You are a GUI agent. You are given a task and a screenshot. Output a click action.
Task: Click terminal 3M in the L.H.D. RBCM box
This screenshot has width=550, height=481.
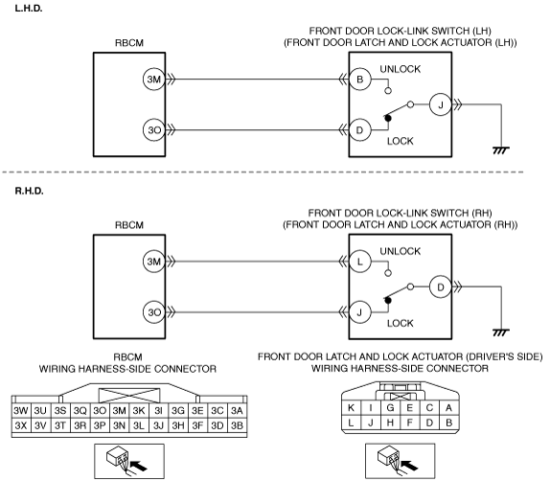pos(154,80)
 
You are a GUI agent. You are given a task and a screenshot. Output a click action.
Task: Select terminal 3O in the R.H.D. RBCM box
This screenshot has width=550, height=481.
pos(154,312)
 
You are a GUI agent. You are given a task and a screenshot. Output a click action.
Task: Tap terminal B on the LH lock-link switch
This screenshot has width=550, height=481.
pos(360,80)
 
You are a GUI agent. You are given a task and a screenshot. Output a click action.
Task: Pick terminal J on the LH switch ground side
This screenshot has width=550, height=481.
pos(440,104)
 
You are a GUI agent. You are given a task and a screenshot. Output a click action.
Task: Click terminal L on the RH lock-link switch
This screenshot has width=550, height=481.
pos(360,262)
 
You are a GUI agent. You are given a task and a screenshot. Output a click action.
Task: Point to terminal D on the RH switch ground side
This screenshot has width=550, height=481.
pos(440,287)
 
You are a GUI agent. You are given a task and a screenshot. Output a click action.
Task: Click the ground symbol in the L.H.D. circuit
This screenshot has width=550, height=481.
pos(501,150)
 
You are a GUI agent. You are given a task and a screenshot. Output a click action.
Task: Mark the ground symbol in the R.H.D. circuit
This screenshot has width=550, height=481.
pos(501,332)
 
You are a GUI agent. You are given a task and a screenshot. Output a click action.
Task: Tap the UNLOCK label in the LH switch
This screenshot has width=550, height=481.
pos(401,69)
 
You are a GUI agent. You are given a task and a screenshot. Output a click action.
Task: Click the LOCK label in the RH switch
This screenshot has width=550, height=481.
pos(401,323)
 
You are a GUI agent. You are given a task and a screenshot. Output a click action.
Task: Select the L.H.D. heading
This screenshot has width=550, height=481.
pos(29,9)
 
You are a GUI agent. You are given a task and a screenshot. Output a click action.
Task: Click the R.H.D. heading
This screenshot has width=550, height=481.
pos(29,192)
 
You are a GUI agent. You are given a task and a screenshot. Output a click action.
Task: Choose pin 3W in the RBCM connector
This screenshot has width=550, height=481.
pos(21,411)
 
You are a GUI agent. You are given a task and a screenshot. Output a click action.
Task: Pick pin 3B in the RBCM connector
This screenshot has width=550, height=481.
pos(237,425)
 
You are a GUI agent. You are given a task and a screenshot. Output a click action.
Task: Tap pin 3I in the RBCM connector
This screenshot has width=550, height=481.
pos(158,411)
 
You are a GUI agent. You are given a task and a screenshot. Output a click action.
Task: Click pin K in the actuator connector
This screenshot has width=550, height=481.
pos(351,408)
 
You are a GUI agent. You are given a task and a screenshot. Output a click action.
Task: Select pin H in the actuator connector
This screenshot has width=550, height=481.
pos(390,424)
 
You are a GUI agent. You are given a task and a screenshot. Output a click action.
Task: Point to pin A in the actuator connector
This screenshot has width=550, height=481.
pos(448,408)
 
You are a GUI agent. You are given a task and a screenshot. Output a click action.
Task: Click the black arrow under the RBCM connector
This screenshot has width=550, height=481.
pos(139,466)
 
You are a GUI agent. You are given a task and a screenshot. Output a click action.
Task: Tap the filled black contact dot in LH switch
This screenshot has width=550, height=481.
pos(388,118)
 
